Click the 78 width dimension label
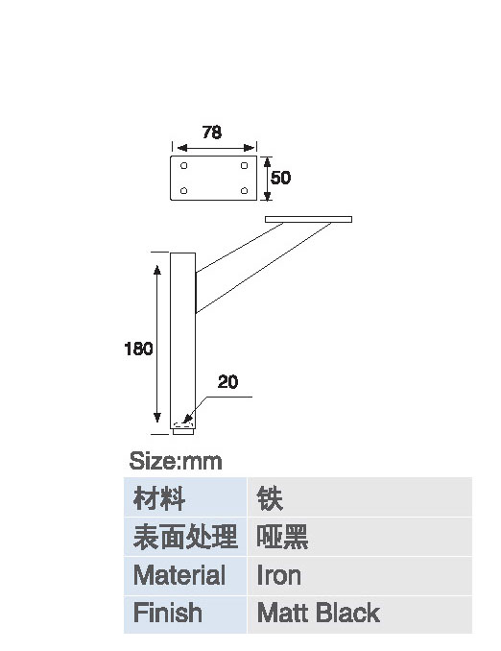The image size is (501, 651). click(x=212, y=133)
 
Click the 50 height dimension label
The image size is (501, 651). click(x=280, y=178)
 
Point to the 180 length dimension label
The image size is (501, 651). click(x=138, y=349)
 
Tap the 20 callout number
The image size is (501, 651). click(x=227, y=382)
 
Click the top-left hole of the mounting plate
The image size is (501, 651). click(x=184, y=166)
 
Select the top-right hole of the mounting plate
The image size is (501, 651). click(x=244, y=166)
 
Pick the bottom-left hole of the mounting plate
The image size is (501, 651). click(x=184, y=190)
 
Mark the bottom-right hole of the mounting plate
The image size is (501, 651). click(x=244, y=190)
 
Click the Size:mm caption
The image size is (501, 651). click(x=176, y=461)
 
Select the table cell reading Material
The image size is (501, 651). click(x=185, y=575)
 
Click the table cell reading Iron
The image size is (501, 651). click(x=360, y=575)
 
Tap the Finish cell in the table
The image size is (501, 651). click(x=185, y=615)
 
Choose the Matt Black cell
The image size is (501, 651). click(x=360, y=615)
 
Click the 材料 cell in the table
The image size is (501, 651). click(x=185, y=497)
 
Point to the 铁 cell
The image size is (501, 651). click(x=360, y=497)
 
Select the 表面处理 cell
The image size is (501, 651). click(x=185, y=537)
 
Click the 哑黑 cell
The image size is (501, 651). click(x=360, y=537)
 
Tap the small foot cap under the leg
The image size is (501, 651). click(x=183, y=432)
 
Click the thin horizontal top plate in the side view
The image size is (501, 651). click(x=308, y=219)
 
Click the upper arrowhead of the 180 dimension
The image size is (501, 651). click(x=156, y=270)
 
